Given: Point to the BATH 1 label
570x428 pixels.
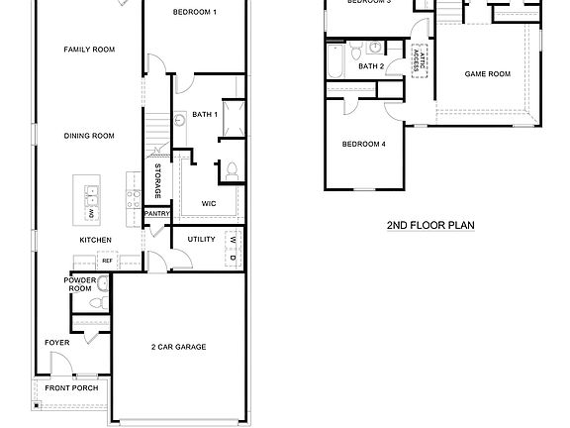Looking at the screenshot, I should coord(204,116).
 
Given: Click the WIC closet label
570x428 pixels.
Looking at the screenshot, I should coord(209,203).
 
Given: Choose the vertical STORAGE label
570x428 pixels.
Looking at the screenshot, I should coord(157,179).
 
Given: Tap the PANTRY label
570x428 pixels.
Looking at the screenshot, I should coord(157,213).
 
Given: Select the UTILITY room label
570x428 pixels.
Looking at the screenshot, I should coord(201,239).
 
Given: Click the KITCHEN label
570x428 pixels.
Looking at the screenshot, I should coord(96,240).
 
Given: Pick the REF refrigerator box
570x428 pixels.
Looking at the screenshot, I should coord(107,262).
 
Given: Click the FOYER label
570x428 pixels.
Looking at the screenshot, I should coord(56,343).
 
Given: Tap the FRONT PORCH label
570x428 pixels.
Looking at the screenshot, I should coord(71,387).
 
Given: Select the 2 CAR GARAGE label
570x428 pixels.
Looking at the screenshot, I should coord(178,347).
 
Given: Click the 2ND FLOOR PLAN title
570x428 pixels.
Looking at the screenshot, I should coord(430,226).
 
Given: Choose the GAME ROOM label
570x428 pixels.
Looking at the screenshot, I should coord(487,74).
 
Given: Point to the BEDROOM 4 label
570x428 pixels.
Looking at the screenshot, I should coord(363,145).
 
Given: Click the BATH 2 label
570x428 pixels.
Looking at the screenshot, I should coord(371,66).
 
